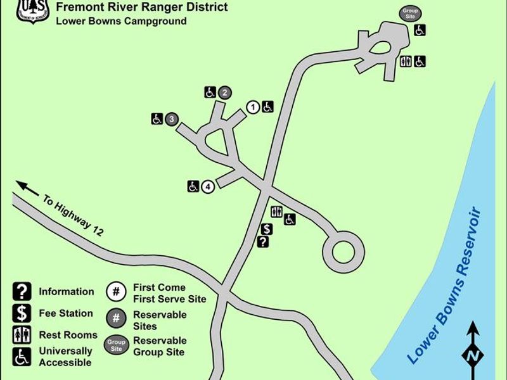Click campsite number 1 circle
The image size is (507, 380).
tap(252, 107)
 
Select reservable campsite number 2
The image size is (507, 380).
tap(224, 92)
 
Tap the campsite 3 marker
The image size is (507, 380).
tap(170, 118)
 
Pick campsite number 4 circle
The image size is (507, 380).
tap(207, 186)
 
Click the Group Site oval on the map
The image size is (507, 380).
tap(409, 13)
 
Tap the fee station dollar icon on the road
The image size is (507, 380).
tap(267, 229)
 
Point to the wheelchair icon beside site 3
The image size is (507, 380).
tap(157, 118)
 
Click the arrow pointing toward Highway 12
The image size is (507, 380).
tap(27, 188)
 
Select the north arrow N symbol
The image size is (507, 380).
tap(472, 355)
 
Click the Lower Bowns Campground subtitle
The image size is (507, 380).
tap(121, 21)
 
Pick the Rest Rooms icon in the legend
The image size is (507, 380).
tap(22, 335)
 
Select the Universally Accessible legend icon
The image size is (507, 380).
tap(22, 357)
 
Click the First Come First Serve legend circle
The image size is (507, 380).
tap(116, 292)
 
